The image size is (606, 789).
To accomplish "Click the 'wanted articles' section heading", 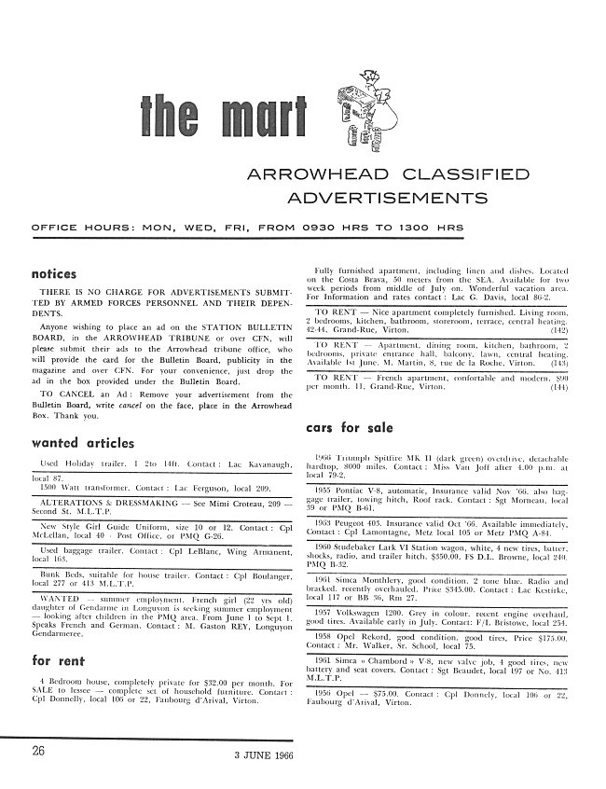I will click(x=83, y=442).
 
